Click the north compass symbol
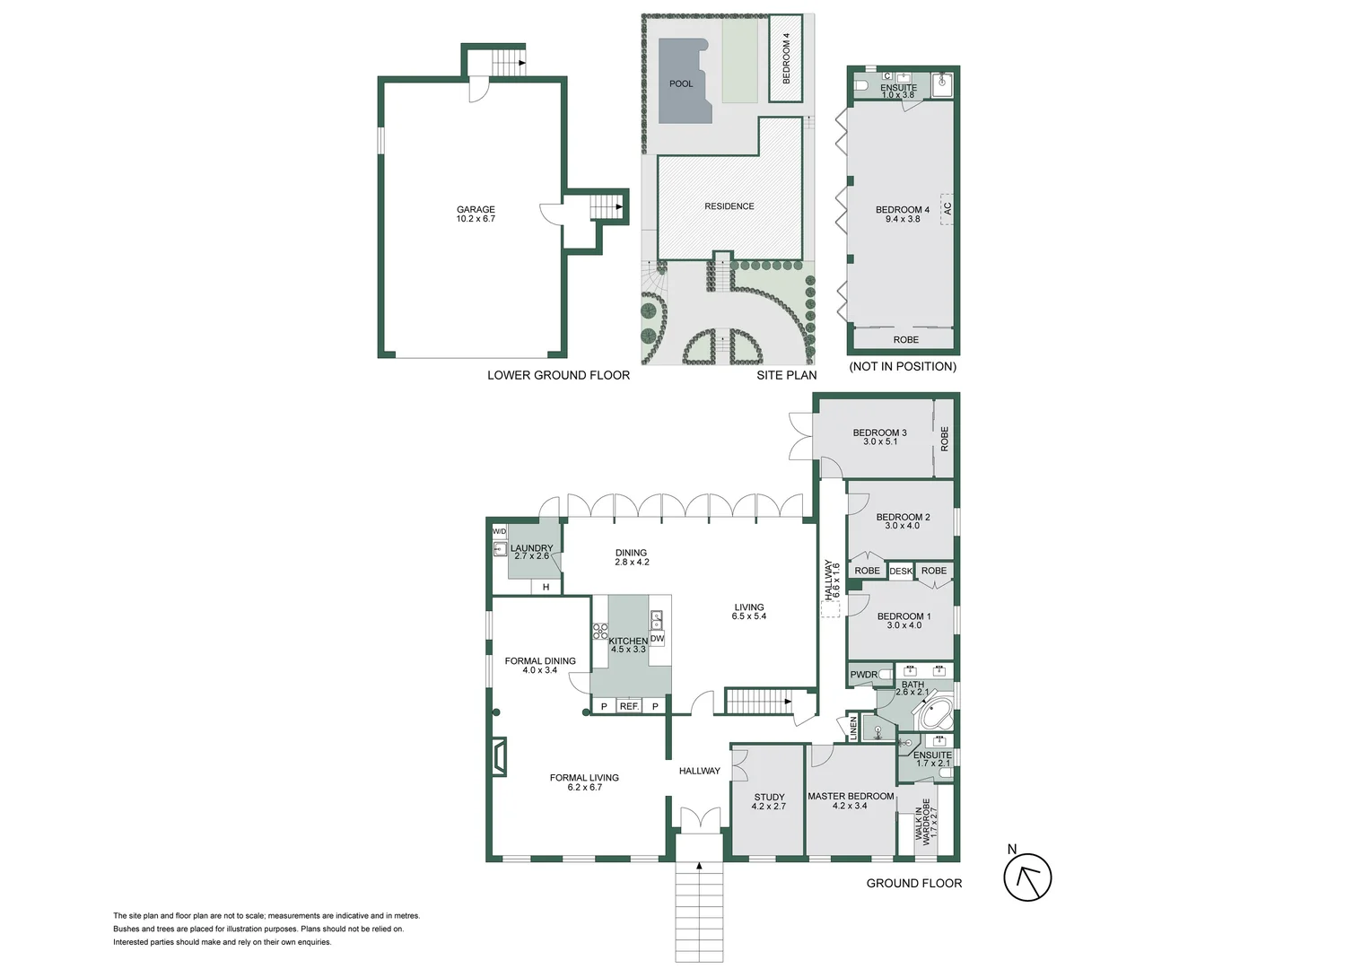[1027, 877]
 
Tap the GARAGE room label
[476, 210]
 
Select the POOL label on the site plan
[681, 84]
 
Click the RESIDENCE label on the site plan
[729, 206]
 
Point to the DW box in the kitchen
[657, 639]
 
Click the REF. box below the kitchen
[629, 707]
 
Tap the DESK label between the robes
[901, 572]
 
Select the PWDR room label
[864, 675]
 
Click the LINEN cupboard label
[854, 728]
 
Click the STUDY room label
[769, 797]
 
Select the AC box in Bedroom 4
[947, 208]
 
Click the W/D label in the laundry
[499, 531]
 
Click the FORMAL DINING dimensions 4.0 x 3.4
[540, 670]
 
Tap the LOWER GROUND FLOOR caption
[558, 375]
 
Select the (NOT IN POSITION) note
[903, 366]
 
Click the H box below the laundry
[546, 588]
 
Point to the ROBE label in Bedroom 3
[944, 438]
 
